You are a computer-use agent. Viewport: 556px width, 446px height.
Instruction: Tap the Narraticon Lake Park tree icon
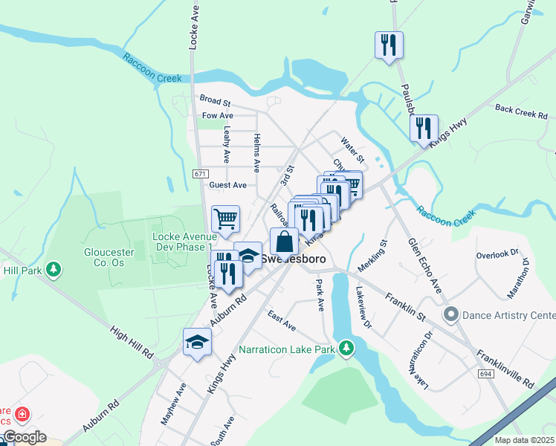pyautogui.click(x=346, y=347)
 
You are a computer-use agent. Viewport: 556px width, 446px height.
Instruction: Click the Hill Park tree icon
pyautogui.click(x=54, y=268)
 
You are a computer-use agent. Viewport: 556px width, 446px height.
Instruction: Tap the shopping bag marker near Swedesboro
pyautogui.click(x=284, y=242)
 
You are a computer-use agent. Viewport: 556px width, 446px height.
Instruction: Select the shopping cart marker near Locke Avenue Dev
pyautogui.click(x=225, y=219)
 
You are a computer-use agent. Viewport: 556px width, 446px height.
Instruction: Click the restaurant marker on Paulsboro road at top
pyautogui.click(x=389, y=45)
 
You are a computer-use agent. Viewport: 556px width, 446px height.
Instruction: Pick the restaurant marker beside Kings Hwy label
pyautogui.click(x=423, y=128)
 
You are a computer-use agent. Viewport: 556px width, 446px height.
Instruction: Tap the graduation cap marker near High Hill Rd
pyautogui.click(x=197, y=342)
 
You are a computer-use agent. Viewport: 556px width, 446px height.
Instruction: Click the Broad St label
pyautogui.click(x=216, y=99)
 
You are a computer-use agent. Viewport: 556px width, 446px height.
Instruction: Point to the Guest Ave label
pyautogui.click(x=227, y=185)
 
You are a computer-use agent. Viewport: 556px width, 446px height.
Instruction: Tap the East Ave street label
pyautogui.click(x=282, y=321)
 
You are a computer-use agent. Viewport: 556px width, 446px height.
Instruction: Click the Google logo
pyautogui.click(x=24, y=437)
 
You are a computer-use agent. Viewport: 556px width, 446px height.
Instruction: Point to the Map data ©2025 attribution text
pyautogui.click(x=524, y=440)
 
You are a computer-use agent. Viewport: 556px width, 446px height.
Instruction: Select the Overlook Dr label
pyautogui.click(x=497, y=254)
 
